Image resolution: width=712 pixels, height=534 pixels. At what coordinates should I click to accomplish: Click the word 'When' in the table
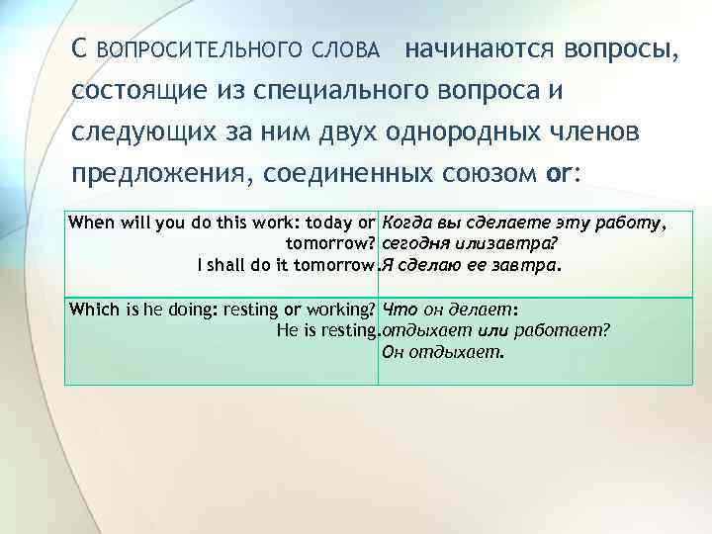[x=90, y=222]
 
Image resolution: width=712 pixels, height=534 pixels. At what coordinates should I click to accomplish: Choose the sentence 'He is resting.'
[x=328, y=329]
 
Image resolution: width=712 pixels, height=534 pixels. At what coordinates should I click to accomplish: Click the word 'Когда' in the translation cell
[x=403, y=222]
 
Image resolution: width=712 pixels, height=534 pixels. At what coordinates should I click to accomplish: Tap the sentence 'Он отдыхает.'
[x=443, y=351]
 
